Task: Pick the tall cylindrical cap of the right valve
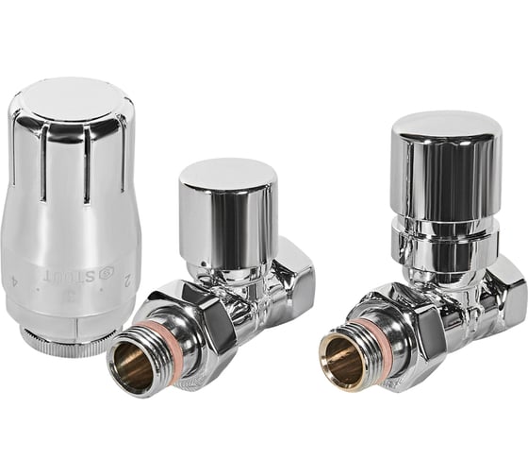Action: [x=445, y=165]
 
